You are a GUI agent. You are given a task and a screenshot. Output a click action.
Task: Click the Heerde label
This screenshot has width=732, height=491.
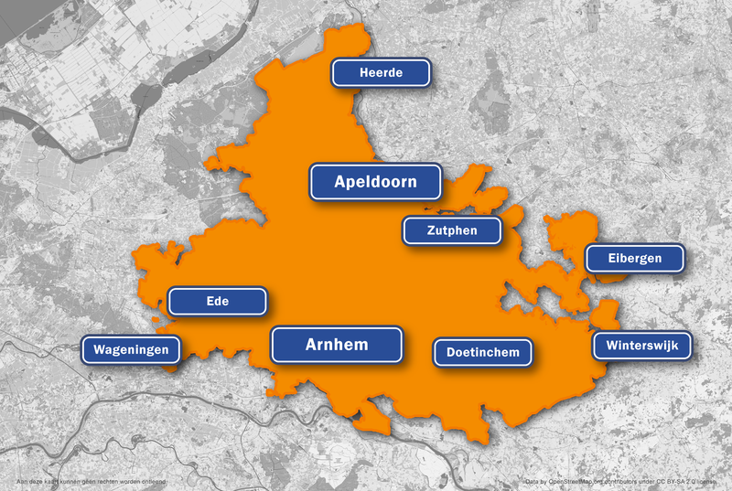[382, 73]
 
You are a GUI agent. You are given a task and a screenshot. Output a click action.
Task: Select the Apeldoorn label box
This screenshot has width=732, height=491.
[375, 182]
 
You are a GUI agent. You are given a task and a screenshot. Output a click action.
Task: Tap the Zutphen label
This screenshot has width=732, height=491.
[452, 230]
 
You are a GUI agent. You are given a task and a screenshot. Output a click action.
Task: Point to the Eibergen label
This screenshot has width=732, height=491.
[635, 259]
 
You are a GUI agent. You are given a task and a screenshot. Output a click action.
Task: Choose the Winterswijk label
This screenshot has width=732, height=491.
[641, 346]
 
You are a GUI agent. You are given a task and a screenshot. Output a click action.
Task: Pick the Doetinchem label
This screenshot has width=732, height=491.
[483, 352]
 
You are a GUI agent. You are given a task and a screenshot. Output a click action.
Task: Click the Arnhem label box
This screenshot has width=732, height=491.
[337, 345]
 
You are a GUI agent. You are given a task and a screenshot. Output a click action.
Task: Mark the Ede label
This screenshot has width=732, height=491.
[218, 301]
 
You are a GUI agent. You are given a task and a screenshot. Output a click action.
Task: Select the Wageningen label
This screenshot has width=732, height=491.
[131, 349]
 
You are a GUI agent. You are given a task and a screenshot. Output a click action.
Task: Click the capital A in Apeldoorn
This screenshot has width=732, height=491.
[340, 182]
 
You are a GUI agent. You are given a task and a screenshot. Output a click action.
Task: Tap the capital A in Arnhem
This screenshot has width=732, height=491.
[311, 345]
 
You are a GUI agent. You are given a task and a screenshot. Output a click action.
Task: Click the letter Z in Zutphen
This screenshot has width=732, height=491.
[431, 230]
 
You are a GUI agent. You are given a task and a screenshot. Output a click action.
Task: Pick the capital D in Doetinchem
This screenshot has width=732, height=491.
[451, 352]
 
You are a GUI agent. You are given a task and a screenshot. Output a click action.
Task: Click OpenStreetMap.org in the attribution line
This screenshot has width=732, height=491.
[582, 481]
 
